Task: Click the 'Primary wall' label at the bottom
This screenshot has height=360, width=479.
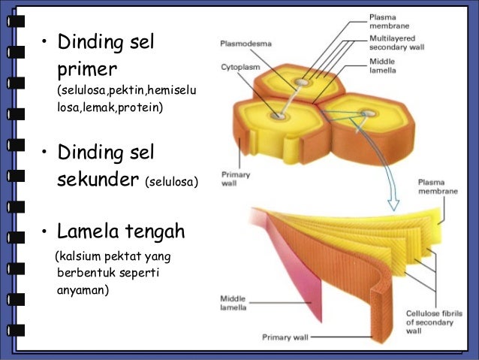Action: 285,337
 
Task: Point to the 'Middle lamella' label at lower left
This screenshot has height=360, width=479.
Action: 234,302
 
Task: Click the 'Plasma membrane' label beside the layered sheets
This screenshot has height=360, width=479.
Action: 436,186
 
